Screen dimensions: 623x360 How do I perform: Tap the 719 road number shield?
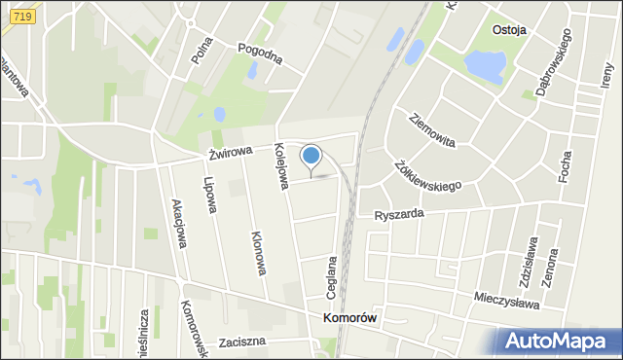coord(24,17)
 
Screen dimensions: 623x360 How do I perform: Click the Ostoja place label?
coord(509,29)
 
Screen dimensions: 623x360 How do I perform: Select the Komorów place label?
coord(349,318)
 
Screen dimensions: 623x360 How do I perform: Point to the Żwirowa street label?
coord(230,152)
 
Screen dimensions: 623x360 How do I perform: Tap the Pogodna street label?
coord(261,54)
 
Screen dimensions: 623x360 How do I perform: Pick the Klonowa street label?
coord(259,252)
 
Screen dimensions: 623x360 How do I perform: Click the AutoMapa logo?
coord(558,341)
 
